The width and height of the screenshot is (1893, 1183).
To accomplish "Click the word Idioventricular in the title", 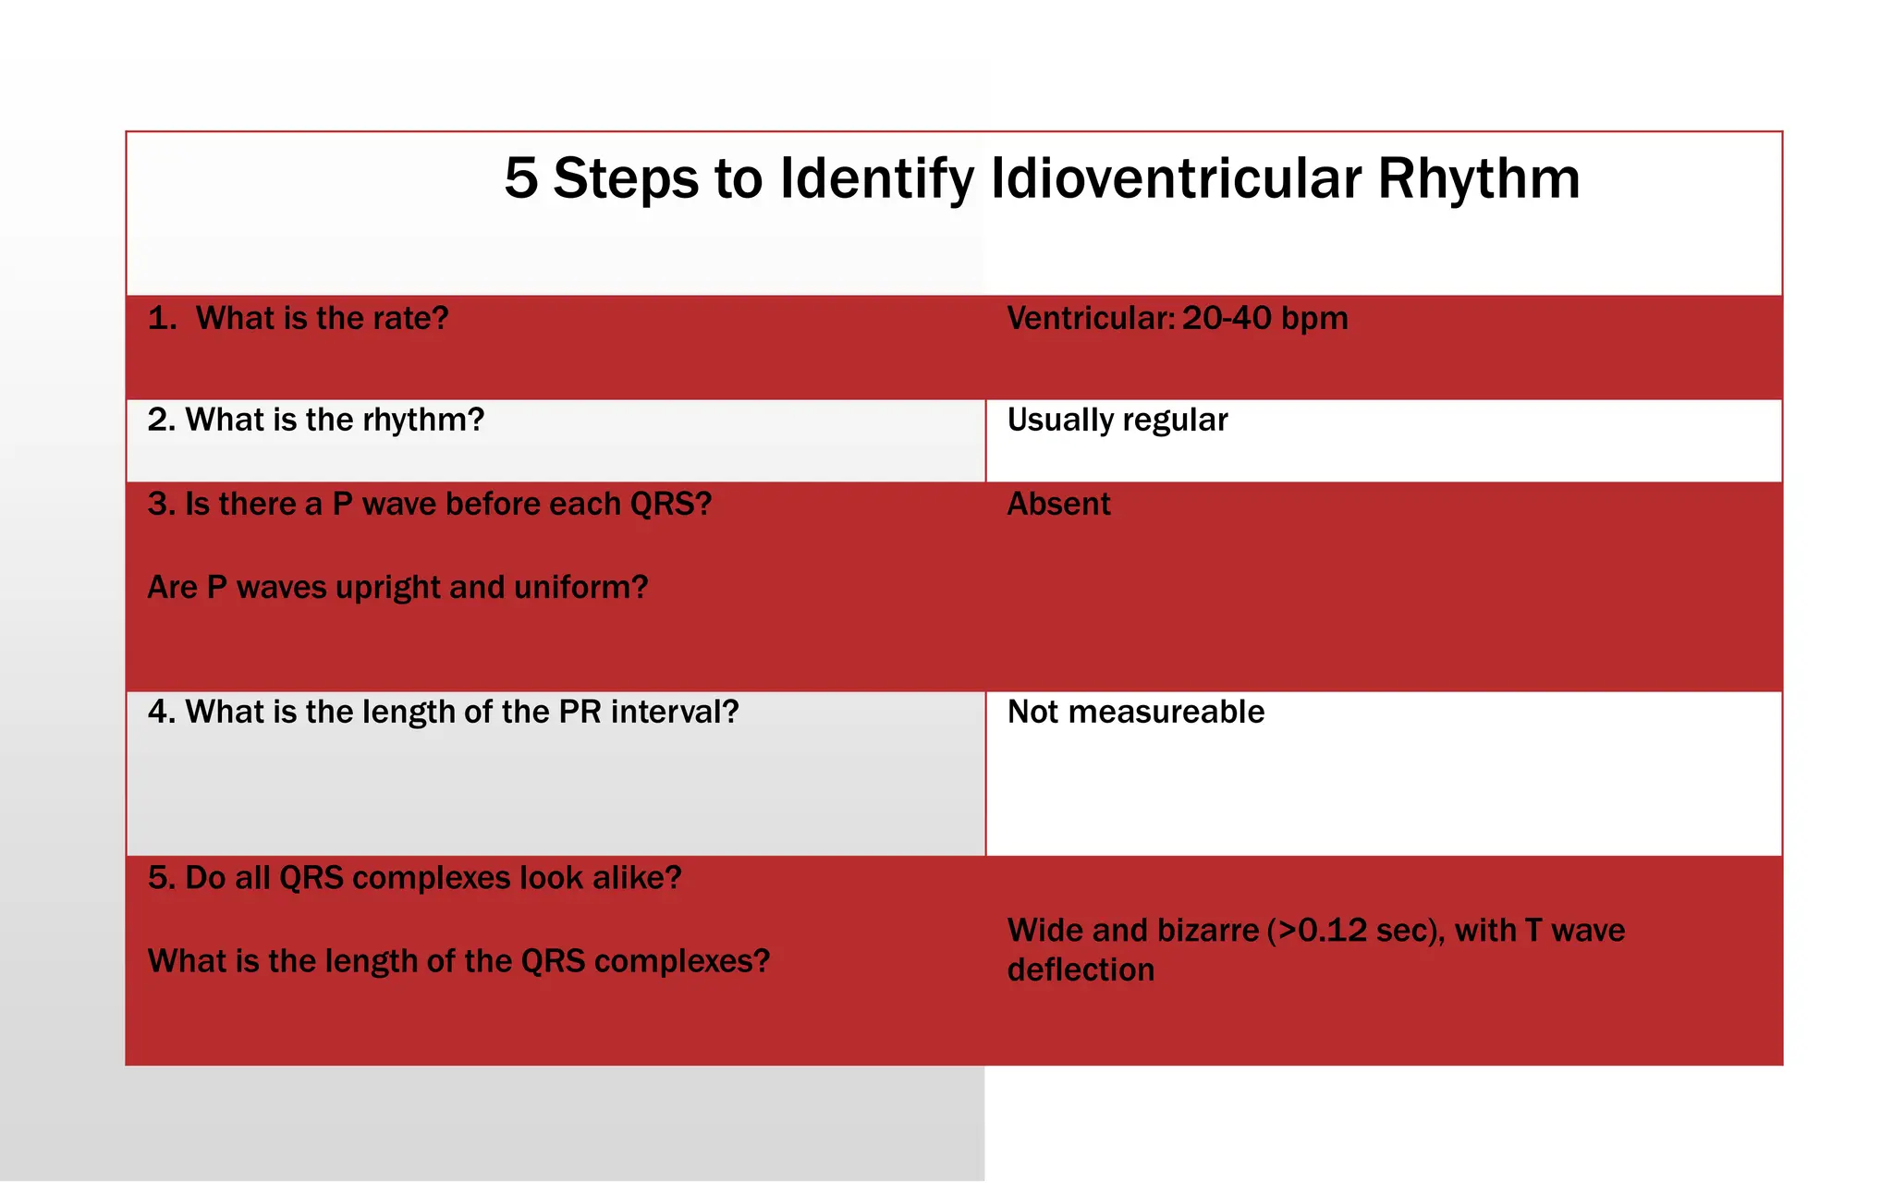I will pos(1176,178).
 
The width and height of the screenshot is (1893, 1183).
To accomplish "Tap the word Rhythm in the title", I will pos(1479,178).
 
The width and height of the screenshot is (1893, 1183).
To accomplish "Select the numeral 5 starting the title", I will pos(520,178).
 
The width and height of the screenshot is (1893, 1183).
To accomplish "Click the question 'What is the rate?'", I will pos(322,319).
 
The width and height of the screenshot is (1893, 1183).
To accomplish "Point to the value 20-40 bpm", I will pos(1264,319).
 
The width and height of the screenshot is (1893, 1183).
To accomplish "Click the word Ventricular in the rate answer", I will pos(1091,319).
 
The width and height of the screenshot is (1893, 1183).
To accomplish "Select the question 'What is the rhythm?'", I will pos(335,421).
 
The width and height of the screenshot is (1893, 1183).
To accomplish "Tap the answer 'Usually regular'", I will pos(1117,421).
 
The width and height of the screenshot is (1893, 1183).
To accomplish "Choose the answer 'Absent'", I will pos(1058,505).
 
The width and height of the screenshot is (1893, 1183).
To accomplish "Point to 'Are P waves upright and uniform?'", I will pos(397,588).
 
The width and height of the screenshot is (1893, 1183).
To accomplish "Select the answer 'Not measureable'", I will pos(1136,713).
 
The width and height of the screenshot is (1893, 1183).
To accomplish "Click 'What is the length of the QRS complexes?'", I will pos(458,962).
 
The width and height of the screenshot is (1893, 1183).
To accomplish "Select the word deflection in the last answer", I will pos(1081,970).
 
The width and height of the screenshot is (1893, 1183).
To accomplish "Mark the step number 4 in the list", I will pos(159,713).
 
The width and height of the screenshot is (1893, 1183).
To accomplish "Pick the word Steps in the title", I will pos(626,178).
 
